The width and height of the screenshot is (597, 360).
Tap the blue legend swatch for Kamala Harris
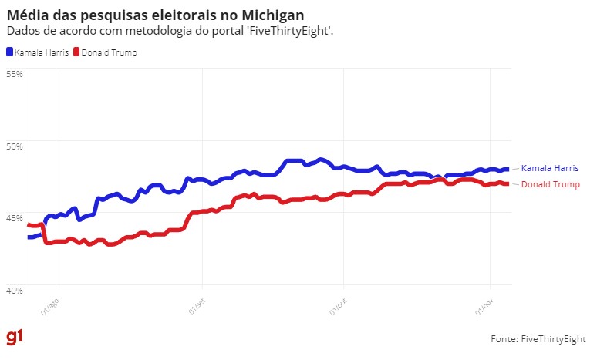pyautogui.click(x=10, y=52)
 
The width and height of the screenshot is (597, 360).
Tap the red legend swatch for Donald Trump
pyautogui.click(x=76, y=52)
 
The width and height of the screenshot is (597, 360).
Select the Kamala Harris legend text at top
pyautogui.click(x=41, y=52)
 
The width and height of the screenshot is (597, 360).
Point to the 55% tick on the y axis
pyautogui.click(x=15, y=73)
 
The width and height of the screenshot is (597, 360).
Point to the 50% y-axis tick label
pyautogui.click(x=15, y=146)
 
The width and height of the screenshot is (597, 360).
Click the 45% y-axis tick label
pyautogui.click(x=15, y=218)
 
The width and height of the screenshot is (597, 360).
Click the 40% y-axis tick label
pyautogui.click(x=15, y=291)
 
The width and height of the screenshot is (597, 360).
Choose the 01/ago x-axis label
pyautogui.click(x=49, y=306)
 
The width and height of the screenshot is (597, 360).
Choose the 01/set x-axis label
pyautogui.click(x=197, y=306)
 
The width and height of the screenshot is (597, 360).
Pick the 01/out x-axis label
pyautogui.click(x=339, y=306)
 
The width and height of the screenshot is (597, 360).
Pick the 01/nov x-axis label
pyautogui.click(x=484, y=306)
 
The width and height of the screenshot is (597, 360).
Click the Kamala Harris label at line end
pyautogui.click(x=550, y=168)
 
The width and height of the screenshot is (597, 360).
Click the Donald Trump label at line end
pyautogui.click(x=551, y=184)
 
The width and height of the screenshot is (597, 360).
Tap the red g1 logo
pyautogui.click(x=15, y=338)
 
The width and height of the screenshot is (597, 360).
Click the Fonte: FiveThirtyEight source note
pyautogui.click(x=538, y=339)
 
